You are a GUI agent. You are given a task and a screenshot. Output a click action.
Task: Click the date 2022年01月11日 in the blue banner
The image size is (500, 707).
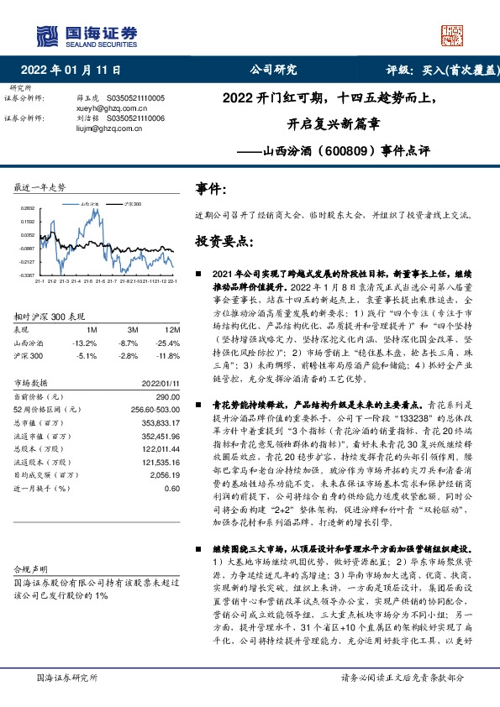71,70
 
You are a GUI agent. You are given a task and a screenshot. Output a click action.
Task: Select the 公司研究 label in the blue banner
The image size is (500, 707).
274,70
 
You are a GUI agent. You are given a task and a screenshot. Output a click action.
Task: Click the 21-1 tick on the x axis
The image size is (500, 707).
39,281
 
